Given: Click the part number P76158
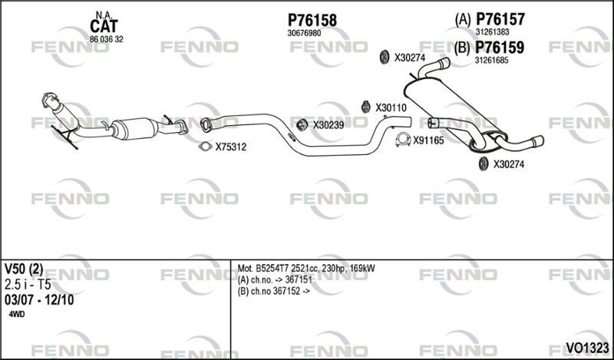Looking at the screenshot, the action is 312,20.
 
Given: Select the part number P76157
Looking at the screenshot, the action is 500,18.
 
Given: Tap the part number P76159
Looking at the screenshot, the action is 500,48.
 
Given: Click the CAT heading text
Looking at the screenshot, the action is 104,26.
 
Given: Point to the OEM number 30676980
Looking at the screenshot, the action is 304,33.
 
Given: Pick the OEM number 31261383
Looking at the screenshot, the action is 492,32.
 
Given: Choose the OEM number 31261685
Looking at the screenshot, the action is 491,61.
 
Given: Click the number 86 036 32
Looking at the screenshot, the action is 107,39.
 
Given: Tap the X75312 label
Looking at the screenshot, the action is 231,147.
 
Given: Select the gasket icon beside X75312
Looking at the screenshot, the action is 205,147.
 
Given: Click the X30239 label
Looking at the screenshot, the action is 328,125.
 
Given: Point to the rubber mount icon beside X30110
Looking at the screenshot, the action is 366,107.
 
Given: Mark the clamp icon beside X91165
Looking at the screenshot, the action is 403,140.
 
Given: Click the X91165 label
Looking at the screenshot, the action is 428,140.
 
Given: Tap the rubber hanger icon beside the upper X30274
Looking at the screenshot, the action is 385,57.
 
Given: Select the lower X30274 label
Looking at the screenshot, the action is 508,164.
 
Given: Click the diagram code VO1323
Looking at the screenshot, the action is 587,347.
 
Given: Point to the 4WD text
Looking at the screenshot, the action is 16,314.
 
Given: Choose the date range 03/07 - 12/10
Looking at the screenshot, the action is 39,300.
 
